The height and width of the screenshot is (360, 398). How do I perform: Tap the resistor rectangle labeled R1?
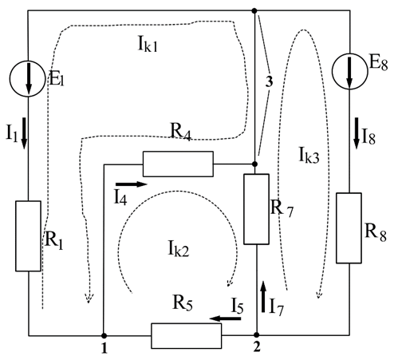[28, 236]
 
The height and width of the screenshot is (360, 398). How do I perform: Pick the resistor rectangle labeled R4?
[178, 164]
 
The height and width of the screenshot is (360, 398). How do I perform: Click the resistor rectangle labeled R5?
[187, 336]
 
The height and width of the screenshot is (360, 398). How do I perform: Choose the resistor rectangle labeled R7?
[257, 209]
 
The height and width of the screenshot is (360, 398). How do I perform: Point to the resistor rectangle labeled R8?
[349, 228]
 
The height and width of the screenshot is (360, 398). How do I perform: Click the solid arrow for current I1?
[24, 133]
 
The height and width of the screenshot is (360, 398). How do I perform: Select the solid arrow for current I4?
[132, 184]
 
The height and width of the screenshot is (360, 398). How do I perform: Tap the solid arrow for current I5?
[225, 318]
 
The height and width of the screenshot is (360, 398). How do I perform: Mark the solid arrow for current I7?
[263, 296]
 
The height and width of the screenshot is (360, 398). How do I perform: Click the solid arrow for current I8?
[357, 133]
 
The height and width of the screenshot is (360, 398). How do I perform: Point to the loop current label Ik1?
[148, 44]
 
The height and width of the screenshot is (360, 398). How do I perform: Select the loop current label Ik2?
[179, 248]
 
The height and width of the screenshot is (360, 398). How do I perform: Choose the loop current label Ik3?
[309, 155]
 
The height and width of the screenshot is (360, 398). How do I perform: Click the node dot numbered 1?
[104, 335]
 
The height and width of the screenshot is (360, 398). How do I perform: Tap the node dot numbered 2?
[257, 334]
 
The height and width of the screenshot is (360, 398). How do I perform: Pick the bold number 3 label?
[269, 82]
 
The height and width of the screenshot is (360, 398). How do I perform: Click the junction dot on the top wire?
[254, 10]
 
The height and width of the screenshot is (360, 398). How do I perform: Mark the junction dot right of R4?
[254, 164]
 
